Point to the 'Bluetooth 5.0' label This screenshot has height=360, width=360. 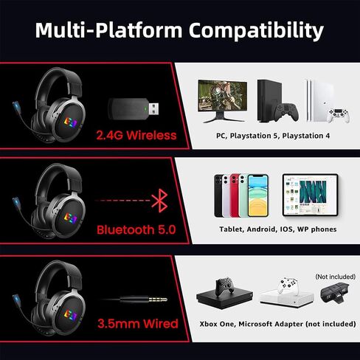pyautogui.click(x=136, y=229)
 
